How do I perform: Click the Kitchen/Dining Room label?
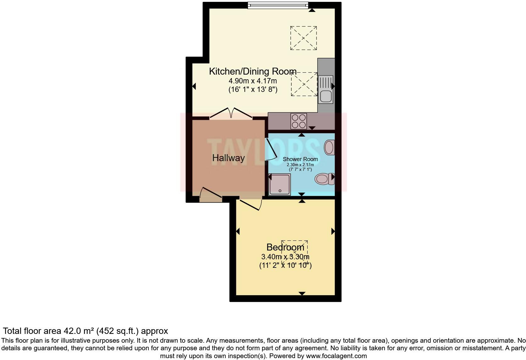[x=253, y=71]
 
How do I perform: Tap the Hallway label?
[x=228, y=158]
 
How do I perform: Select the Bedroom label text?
[x=285, y=247]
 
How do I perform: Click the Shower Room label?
[x=300, y=159]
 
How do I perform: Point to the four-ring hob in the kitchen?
[x=299, y=121]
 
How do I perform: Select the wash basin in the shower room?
[x=329, y=147]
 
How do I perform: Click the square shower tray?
[x=280, y=184]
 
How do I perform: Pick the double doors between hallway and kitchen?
[x=231, y=114]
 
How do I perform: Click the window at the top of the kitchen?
[x=278, y=5]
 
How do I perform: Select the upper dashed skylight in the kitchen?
[x=303, y=38]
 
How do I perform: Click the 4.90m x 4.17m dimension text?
[x=253, y=81]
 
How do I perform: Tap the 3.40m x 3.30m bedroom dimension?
[x=285, y=257]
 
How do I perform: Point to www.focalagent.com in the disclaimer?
[x=336, y=356]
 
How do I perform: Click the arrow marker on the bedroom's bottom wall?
[x=302, y=293]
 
